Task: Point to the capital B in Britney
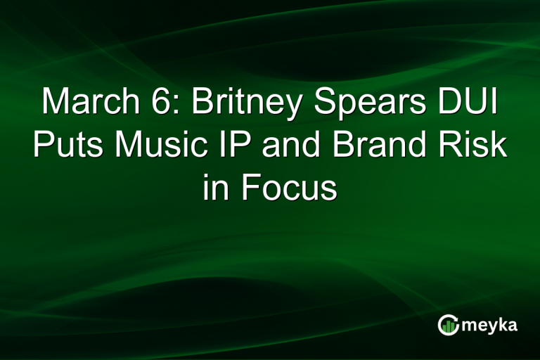coord(203,103)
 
